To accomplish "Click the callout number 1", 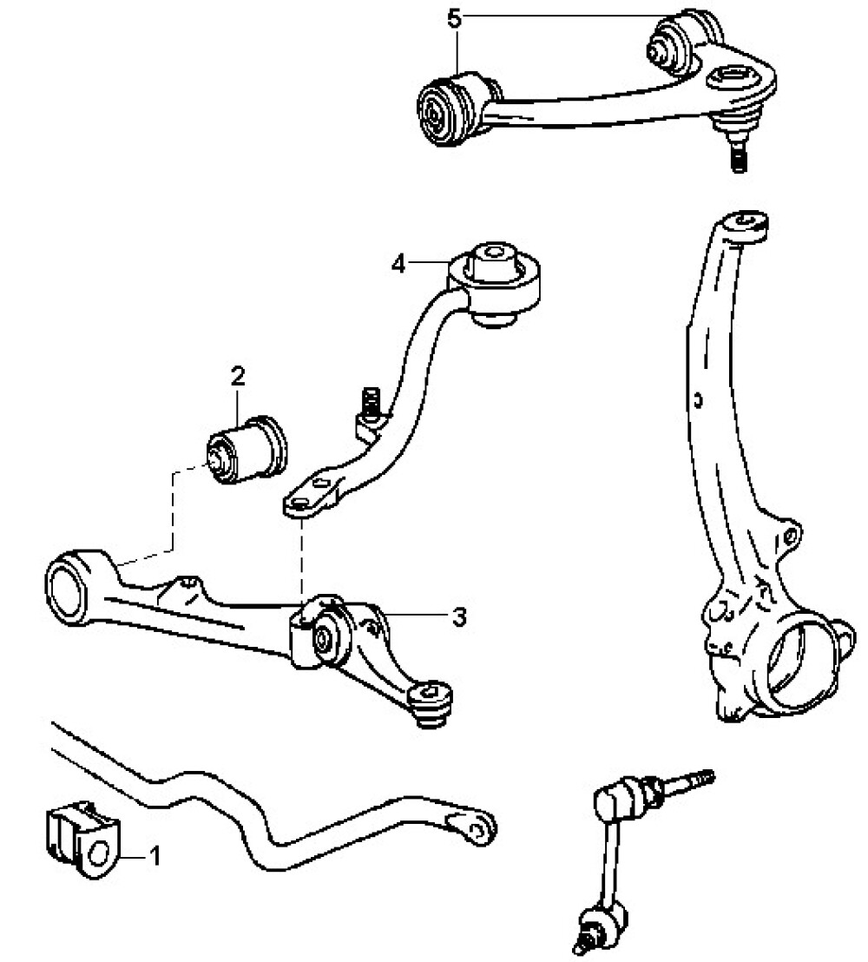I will click(x=155, y=857).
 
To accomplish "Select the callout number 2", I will click(x=237, y=376).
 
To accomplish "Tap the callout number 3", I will click(x=459, y=617).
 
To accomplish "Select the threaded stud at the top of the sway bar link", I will click(x=691, y=781).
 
